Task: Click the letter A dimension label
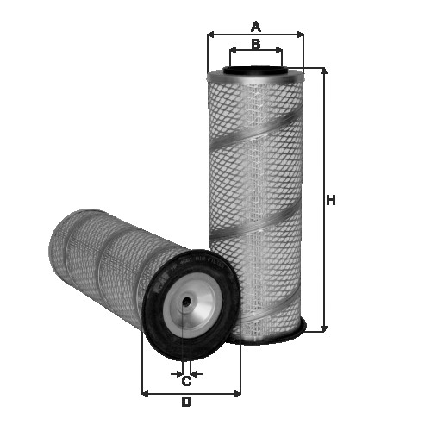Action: pos(255,26)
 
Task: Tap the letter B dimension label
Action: pos(255,44)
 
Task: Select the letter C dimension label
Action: pos(185,382)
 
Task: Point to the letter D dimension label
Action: pos(185,403)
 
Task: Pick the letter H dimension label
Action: pos(330,201)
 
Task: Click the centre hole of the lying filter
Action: pos(186,303)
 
